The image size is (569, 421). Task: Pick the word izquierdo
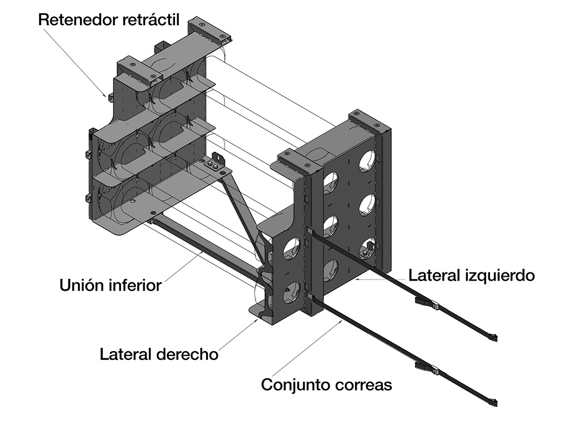coord(500,275)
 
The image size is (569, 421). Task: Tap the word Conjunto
coord(297,384)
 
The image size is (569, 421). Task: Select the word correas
coord(365,384)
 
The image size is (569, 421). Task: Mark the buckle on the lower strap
coord(426,367)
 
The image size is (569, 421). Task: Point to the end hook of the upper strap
coord(493,337)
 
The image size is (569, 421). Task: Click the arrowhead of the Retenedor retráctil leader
coord(108,95)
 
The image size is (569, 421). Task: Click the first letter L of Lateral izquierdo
coord(412,275)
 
